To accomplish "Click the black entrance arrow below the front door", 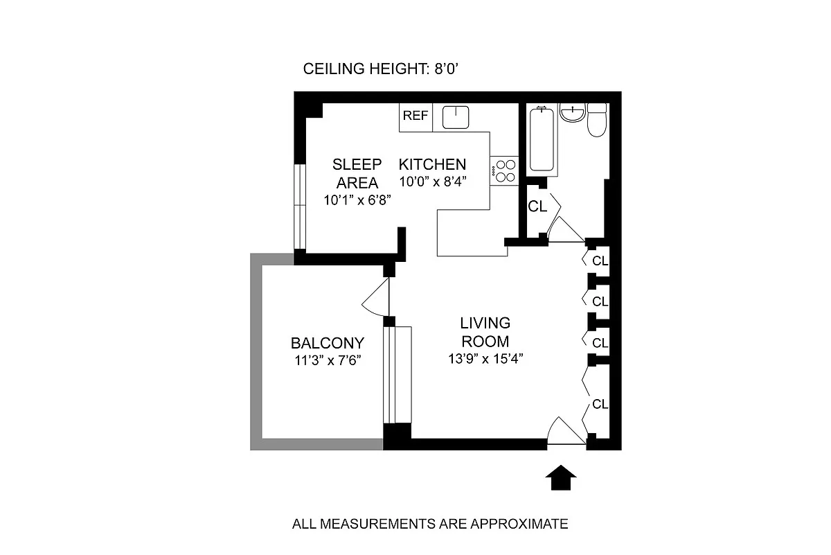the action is point(562,477).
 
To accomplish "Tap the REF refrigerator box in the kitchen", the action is point(415,116).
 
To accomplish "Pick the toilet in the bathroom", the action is point(596,121).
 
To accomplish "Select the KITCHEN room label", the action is point(432,165).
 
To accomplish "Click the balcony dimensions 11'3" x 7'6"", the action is point(327,360).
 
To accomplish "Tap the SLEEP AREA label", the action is point(357,173).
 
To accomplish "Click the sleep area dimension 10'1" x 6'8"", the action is point(357,200).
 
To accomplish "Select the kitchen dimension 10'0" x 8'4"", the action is point(433,182).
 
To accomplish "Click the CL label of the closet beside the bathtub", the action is point(537,206).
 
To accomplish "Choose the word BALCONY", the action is point(327,343).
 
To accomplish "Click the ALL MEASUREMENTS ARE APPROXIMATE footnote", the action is point(430,524).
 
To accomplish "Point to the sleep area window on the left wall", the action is point(299,206).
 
